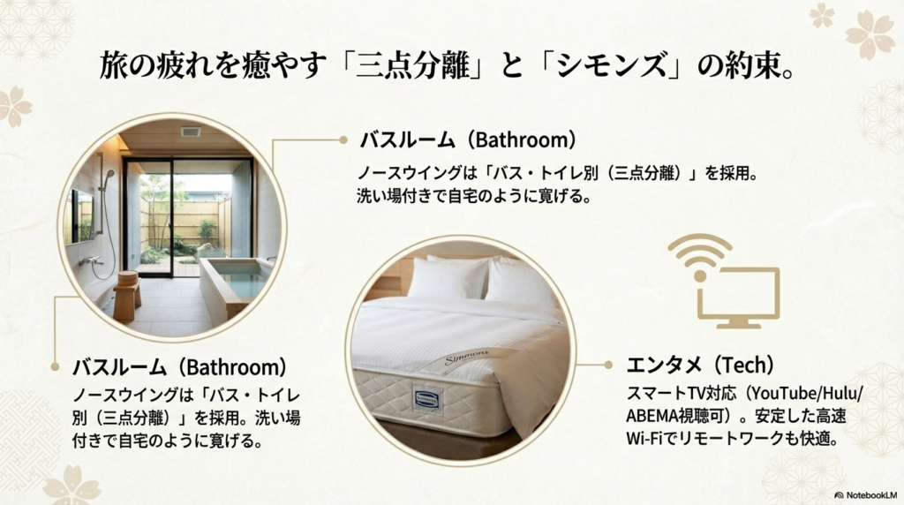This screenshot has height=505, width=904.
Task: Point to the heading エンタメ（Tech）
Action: [688, 365]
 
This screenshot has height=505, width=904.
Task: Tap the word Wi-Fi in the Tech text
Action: [644, 438]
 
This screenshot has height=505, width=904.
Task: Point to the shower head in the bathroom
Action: [108, 177]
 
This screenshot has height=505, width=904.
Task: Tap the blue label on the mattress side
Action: [426, 397]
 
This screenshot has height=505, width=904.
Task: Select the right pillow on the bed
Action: [521, 283]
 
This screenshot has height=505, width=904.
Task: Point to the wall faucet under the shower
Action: [90, 261]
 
